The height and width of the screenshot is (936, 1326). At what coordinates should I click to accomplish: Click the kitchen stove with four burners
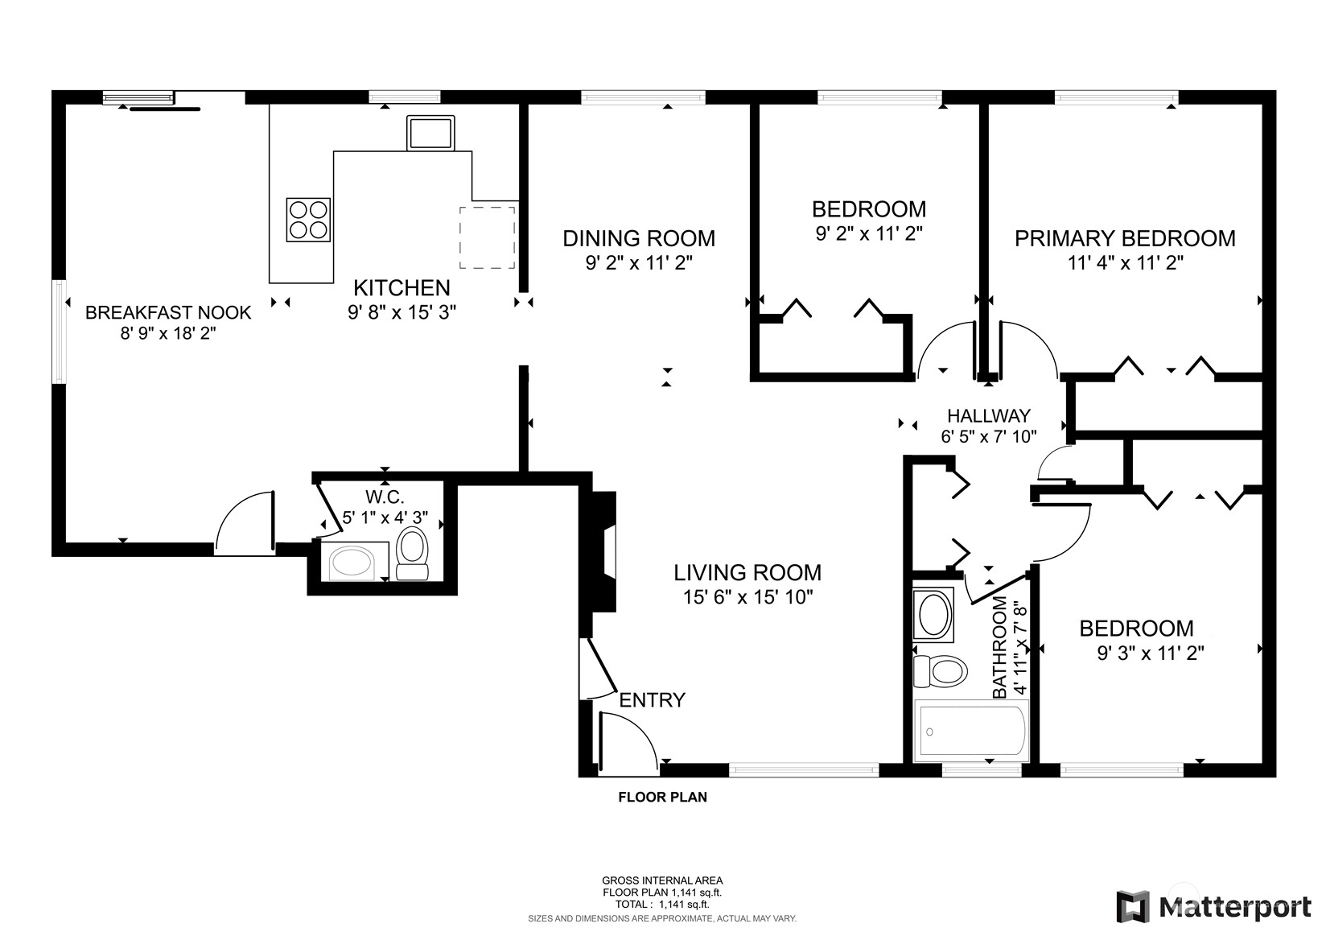pos(308,220)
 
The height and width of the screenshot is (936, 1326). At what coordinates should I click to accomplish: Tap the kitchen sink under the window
pos(430,133)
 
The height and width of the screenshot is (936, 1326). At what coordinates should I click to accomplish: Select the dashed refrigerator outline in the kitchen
pos(487,237)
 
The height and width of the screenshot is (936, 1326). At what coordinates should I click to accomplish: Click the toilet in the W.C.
pos(412,554)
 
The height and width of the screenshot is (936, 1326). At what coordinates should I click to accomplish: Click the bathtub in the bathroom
pos(971,731)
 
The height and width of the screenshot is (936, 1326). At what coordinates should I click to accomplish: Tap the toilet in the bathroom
pos(940,671)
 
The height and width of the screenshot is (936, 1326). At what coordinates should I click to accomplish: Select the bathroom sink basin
pos(933,615)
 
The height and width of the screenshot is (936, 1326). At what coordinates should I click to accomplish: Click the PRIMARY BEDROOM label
pos(1125,238)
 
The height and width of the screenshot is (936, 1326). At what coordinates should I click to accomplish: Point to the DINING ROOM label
pos(639,238)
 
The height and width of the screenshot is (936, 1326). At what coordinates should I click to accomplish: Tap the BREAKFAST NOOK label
pos(168,312)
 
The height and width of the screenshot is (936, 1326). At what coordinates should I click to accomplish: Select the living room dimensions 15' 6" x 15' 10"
pos(748,596)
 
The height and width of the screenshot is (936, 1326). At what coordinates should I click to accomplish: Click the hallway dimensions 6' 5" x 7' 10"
pos(989,436)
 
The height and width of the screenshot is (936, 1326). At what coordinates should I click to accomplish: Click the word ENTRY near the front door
pos(652,700)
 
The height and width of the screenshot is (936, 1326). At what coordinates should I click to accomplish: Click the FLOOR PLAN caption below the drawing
pos(662,798)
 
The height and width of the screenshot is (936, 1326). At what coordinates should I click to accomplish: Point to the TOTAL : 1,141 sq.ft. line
pos(662,905)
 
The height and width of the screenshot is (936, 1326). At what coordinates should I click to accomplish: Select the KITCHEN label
pos(402,288)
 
